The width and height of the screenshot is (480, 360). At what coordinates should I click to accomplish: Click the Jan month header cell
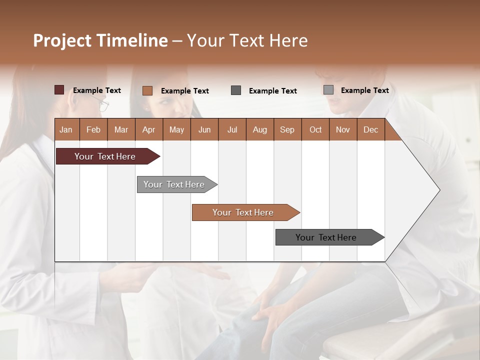point(66,129)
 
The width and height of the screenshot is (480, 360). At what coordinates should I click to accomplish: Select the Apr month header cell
point(149,129)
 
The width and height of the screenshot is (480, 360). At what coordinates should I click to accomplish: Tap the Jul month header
point(232,129)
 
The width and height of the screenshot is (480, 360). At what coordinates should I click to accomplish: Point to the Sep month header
point(287,129)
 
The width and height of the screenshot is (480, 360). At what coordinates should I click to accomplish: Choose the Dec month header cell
point(370,129)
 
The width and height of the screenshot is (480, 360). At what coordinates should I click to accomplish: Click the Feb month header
point(93,129)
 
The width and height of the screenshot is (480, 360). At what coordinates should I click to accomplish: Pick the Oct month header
point(315,129)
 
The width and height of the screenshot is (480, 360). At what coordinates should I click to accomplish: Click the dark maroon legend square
point(59,90)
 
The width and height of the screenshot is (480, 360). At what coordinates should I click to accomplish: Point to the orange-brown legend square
point(147,90)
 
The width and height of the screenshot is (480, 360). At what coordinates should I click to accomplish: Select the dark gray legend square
point(236,90)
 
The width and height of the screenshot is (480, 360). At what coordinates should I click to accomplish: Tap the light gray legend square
point(328,90)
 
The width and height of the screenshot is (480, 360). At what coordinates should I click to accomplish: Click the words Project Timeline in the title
point(100,40)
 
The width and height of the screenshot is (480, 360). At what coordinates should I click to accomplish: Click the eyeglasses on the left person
point(101,104)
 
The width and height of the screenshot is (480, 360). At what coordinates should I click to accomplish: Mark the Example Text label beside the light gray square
point(364,90)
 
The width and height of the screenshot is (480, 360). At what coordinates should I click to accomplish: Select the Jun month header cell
point(204,129)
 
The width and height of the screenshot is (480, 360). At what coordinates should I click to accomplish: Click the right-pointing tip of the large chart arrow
point(438,190)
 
